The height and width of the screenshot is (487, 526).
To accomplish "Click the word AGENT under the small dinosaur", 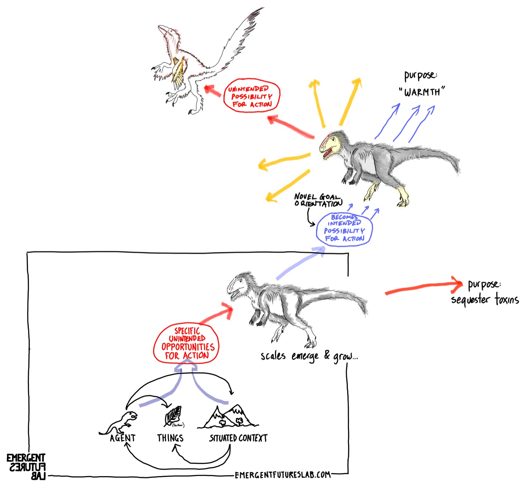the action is tap(122, 438).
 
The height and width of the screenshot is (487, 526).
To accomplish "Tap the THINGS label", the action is tap(170, 438).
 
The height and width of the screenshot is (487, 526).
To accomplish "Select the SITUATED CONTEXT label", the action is tap(238, 438).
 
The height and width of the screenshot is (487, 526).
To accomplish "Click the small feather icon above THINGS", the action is tap(173, 416).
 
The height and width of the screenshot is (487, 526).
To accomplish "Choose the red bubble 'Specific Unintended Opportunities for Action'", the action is tap(186, 343).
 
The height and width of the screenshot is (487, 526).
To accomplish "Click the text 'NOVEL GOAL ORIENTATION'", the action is tap(318, 200).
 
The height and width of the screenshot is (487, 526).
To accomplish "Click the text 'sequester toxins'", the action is tap(485, 300).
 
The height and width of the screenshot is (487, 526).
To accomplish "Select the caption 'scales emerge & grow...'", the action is tap(309, 356).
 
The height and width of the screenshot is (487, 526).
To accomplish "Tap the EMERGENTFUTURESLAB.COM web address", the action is tap(283, 475).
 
